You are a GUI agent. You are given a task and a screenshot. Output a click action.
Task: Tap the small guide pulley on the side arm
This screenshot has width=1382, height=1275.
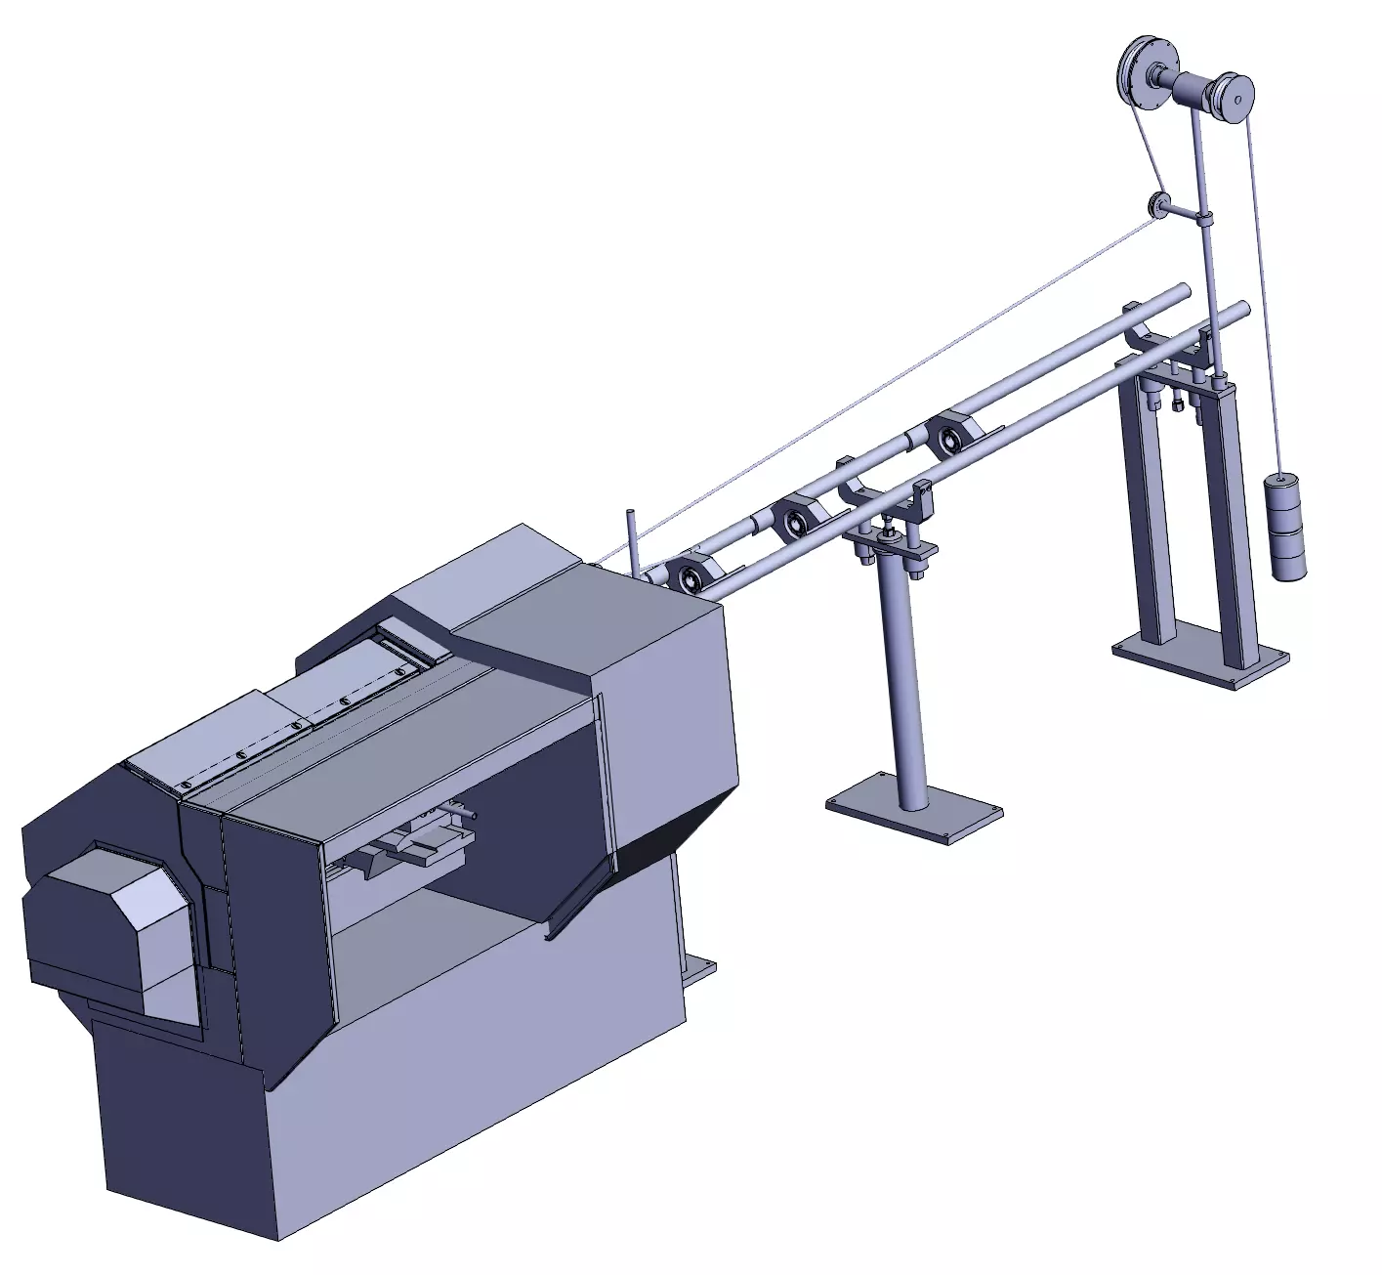(1159, 205)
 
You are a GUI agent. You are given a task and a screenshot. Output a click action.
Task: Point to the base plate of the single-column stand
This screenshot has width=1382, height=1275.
(914, 807)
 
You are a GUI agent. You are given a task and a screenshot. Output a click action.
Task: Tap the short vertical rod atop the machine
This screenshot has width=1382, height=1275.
(633, 542)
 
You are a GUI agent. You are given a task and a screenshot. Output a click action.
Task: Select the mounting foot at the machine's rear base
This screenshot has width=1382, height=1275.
(700, 972)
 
